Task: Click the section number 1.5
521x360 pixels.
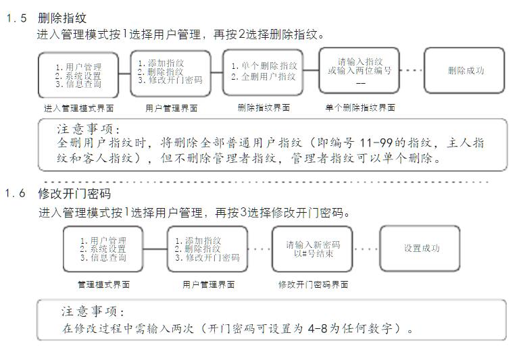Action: (x=16, y=18)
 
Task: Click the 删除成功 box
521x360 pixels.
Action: (x=465, y=70)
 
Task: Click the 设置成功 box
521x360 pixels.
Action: (x=421, y=249)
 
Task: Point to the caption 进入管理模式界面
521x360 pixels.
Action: (x=78, y=107)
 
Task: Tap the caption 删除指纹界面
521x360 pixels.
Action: (x=264, y=107)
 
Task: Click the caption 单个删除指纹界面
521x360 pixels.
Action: (x=359, y=107)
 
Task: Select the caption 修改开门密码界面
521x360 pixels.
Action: (x=313, y=285)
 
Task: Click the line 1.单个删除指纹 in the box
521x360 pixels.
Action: (x=264, y=66)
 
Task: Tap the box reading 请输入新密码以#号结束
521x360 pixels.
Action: (x=312, y=249)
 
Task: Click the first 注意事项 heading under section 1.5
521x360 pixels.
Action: (x=89, y=129)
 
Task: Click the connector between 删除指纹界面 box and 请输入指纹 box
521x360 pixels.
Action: (x=311, y=70)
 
